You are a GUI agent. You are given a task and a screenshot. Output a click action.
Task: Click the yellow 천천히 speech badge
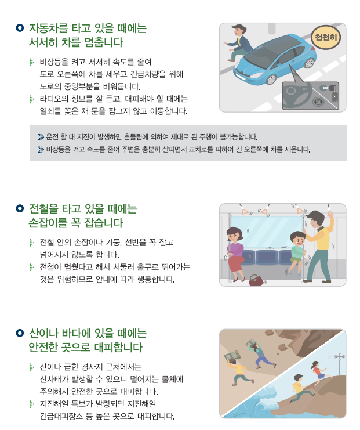coord(326,37)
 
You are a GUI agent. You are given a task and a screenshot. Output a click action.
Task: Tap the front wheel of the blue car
coord(271,80)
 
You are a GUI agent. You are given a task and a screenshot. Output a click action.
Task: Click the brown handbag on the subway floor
coord(256,280)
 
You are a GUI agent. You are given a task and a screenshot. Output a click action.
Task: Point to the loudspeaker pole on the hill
coord(340,364)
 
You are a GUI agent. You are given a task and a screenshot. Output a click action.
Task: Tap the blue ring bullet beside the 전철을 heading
coord(20,208)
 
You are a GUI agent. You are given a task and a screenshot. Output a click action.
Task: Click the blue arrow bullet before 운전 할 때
coord(41,137)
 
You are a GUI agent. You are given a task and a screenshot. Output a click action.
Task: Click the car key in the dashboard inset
coord(329,88)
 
